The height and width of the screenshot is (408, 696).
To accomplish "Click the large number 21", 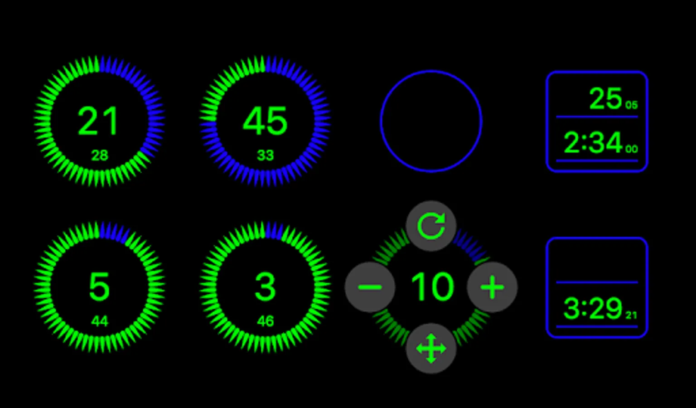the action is [x=97, y=121].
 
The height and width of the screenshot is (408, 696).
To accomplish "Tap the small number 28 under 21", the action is [x=99, y=155].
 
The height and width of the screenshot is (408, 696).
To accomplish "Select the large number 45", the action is [x=265, y=121].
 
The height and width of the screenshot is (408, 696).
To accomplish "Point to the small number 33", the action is [x=266, y=155].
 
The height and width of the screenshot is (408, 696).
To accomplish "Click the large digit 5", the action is [x=99, y=287].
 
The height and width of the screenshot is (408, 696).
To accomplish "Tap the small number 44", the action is [x=99, y=321].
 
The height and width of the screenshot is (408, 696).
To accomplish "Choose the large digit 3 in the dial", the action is [x=265, y=287].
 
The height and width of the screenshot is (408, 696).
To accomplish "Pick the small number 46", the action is [x=266, y=321].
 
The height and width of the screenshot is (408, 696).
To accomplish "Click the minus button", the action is [x=370, y=287].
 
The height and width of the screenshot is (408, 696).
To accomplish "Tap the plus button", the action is [x=492, y=287].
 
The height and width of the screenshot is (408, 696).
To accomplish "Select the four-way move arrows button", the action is [x=431, y=348].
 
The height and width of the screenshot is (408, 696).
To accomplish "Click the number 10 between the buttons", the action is [x=432, y=287].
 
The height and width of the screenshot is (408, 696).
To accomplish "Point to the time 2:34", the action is [x=593, y=143].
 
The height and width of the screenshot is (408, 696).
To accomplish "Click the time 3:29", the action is [x=593, y=309].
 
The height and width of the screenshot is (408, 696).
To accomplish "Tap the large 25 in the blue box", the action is [x=605, y=98].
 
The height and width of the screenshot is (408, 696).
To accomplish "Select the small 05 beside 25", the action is [x=631, y=105].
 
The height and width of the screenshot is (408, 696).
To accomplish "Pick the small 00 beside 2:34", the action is [x=631, y=149].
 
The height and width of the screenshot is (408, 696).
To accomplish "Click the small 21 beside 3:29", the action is [x=631, y=316].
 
